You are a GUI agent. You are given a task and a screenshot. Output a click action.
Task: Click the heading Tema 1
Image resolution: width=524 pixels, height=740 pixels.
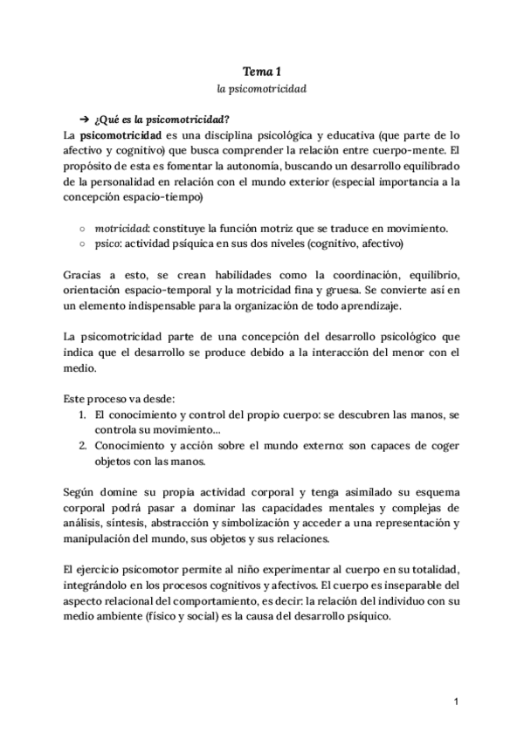tap(261, 71)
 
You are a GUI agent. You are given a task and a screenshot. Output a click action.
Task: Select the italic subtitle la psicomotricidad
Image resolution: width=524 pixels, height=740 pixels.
tap(261, 89)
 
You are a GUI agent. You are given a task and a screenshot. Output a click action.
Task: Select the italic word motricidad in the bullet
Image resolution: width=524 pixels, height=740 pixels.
tap(120, 229)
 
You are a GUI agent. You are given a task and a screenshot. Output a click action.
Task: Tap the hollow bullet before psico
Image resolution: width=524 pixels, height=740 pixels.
tap(81, 244)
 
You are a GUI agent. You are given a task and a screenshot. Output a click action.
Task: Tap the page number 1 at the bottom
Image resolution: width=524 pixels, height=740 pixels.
tap(456, 702)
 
